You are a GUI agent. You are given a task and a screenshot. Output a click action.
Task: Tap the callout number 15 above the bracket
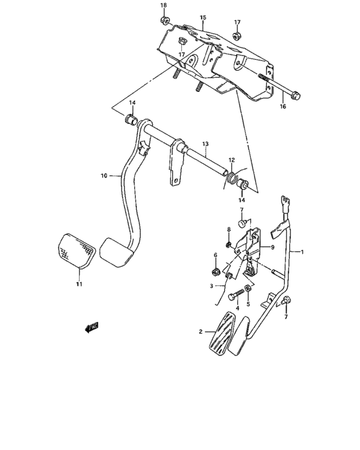[203, 17]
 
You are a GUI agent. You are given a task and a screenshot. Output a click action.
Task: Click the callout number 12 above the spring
[231, 160]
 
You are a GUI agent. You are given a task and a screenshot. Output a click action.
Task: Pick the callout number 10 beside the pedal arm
[103, 175]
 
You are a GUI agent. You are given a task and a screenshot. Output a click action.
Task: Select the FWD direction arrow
[92, 328]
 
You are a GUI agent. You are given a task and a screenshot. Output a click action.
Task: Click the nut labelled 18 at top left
[164, 24]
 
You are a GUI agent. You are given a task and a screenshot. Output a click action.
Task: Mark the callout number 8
[228, 230]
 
